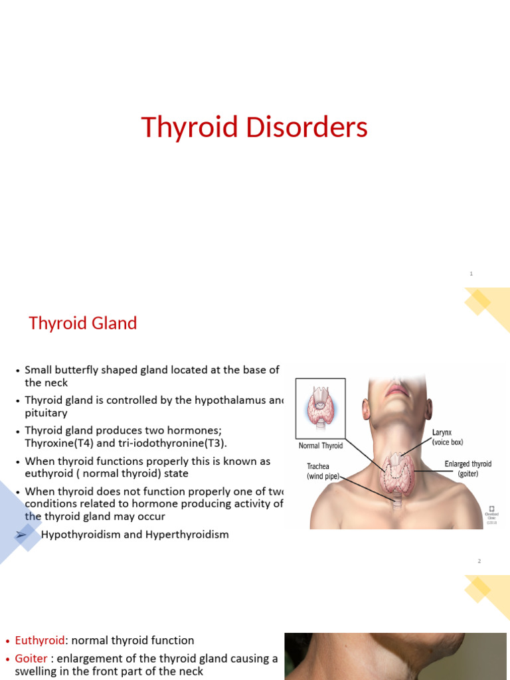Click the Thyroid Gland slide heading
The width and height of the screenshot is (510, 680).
click(82, 323)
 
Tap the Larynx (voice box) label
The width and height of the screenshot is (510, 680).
click(447, 437)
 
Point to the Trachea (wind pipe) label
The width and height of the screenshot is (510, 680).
click(322, 471)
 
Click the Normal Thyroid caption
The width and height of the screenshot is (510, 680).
click(321, 446)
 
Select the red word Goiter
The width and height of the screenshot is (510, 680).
click(33, 659)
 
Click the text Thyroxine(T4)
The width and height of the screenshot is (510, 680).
click(57, 443)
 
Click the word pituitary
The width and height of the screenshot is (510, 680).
click(46, 413)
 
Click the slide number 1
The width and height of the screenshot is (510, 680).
click(471, 274)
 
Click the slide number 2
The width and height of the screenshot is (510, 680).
click(478, 561)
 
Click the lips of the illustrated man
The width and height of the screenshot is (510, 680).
click(398, 390)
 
